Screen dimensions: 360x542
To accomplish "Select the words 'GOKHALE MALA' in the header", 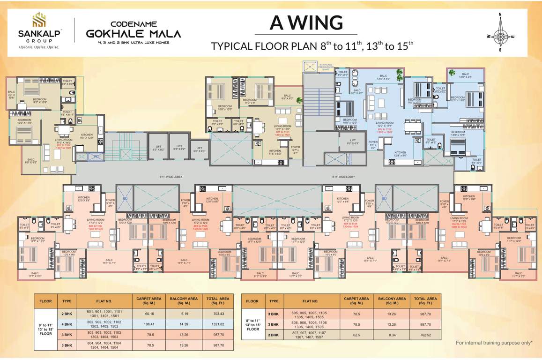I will pos(134,34).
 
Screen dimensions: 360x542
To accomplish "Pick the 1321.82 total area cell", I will pos(218,324).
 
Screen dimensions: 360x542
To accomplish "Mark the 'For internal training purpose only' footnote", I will pos(494,343).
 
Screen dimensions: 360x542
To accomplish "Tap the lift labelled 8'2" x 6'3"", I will pos(352,142).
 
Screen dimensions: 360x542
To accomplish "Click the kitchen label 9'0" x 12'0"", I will pos(87,136).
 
